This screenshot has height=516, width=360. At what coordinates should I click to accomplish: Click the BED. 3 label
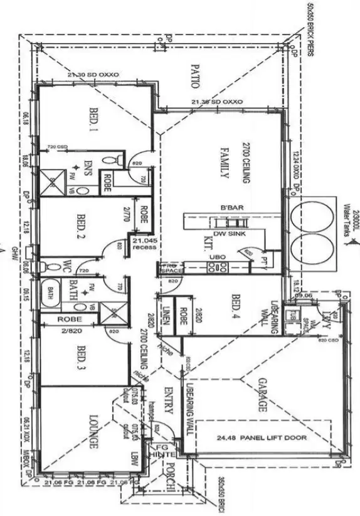(80, 358)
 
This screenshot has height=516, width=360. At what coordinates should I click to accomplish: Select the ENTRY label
(168, 401)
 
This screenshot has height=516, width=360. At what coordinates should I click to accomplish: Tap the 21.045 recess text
(145, 244)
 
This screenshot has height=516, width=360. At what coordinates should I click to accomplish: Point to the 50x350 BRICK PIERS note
(309, 28)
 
